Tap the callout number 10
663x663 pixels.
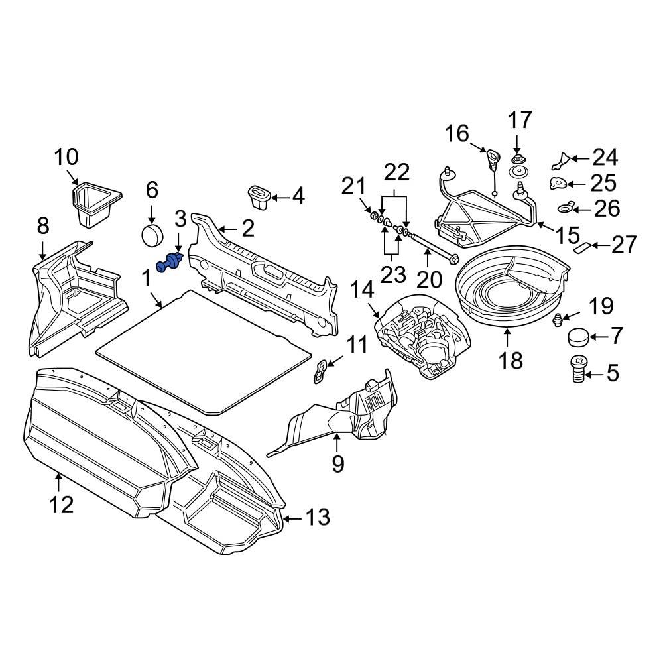[x=66, y=158]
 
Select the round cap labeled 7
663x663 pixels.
[x=579, y=337]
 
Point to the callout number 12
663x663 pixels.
[x=60, y=505]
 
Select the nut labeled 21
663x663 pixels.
[x=373, y=215]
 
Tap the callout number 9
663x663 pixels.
[x=337, y=464]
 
